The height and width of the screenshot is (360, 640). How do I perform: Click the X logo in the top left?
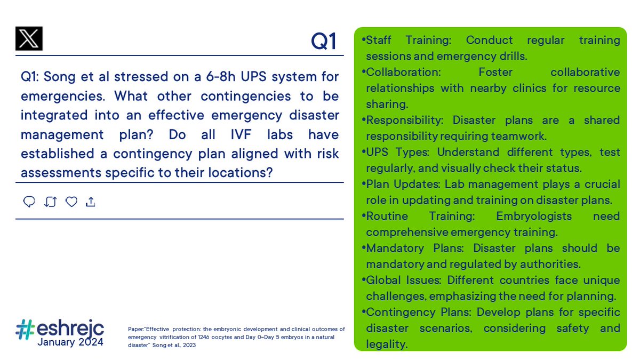[29, 39]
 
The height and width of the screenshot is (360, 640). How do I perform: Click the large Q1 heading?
[324, 41]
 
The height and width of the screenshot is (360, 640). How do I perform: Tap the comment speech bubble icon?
[29, 202]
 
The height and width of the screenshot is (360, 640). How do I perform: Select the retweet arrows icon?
[51, 202]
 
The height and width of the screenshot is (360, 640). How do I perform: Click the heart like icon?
[71, 202]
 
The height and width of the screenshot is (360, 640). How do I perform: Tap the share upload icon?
[91, 202]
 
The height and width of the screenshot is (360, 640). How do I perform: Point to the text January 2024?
[70, 342]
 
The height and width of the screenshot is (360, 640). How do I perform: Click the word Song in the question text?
[58, 77]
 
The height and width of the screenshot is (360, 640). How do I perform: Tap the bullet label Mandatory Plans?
[417, 249]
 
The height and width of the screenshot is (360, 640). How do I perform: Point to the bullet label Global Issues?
[404, 281]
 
